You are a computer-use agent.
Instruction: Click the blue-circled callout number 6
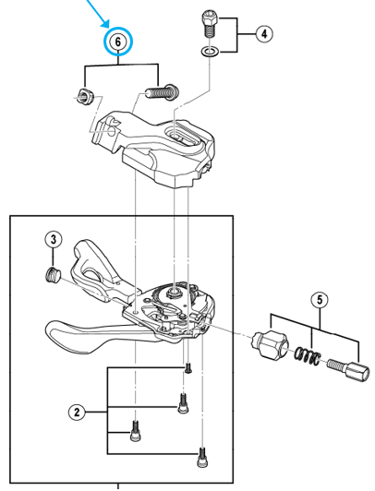118,42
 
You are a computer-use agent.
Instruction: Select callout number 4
263,34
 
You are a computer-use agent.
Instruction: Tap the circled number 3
54,241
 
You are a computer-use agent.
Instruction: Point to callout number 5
319,299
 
